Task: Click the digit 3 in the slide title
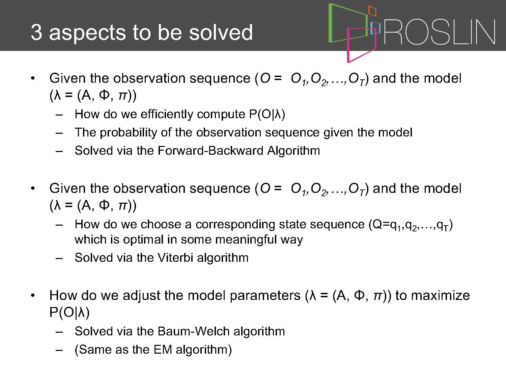36,32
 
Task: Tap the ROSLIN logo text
440,32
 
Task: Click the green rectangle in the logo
330,23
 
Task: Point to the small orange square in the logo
372,11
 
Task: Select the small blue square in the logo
375,28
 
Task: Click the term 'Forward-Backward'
210,151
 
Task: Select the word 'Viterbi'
175,257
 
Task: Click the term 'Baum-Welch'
193,331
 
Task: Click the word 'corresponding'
235,225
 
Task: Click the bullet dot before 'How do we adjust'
33,296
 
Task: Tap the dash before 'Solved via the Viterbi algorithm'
59,258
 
